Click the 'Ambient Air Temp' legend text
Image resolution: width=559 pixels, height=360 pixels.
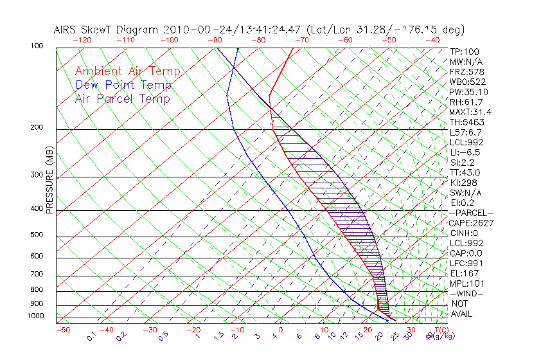tap(127, 71)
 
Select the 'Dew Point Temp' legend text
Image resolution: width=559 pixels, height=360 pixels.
tap(123, 85)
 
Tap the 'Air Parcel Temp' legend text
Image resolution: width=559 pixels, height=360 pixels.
tap(122, 98)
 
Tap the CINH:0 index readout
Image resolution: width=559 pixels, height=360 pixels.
tap(463, 233)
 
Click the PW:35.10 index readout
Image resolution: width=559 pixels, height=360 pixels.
tap(468, 91)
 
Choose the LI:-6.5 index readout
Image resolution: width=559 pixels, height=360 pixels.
tap(464, 152)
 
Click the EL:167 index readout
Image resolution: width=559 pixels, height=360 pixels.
tap(463, 273)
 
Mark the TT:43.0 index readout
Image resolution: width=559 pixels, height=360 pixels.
tap(465, 172)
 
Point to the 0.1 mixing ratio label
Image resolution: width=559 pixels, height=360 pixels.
tap(92, 337)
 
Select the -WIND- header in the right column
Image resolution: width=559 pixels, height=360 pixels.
tap(466, 293)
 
